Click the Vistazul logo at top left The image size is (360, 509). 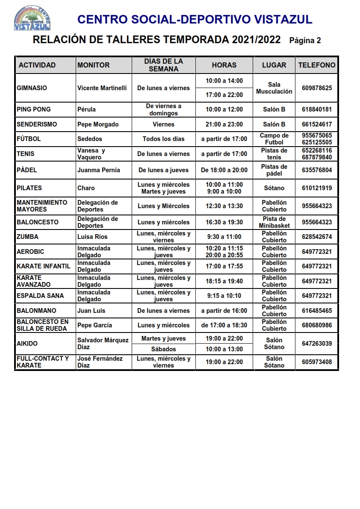tap(32, 18)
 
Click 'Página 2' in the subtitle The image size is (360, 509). tap(305, 41)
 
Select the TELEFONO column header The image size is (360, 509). tap(316, 65)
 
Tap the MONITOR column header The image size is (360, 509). tap(93, 65)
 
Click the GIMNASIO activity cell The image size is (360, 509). tap(32, 88)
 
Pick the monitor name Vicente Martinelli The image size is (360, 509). tap(102, 88)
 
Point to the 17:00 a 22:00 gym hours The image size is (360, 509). tap(224, 95)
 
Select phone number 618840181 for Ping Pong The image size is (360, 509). tap(316, 109)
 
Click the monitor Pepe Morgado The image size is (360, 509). tap(98, 124)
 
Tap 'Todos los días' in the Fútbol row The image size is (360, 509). tap(163, 139)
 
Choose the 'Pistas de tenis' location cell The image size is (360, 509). tap(274, 154)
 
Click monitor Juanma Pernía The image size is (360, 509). tap(98, 170)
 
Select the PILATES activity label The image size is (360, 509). tap(30, 188)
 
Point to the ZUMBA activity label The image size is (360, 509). tap(27, 237)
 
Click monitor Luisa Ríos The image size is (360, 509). tap(92, 237)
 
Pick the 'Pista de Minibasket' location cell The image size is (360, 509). tap(274, 222)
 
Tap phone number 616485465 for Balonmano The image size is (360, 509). tap(316, 311)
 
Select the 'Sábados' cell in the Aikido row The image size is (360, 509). tap(163, 349)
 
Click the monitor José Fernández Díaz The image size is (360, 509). tap(100, 362)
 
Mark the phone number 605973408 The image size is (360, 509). tap(316, 362)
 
